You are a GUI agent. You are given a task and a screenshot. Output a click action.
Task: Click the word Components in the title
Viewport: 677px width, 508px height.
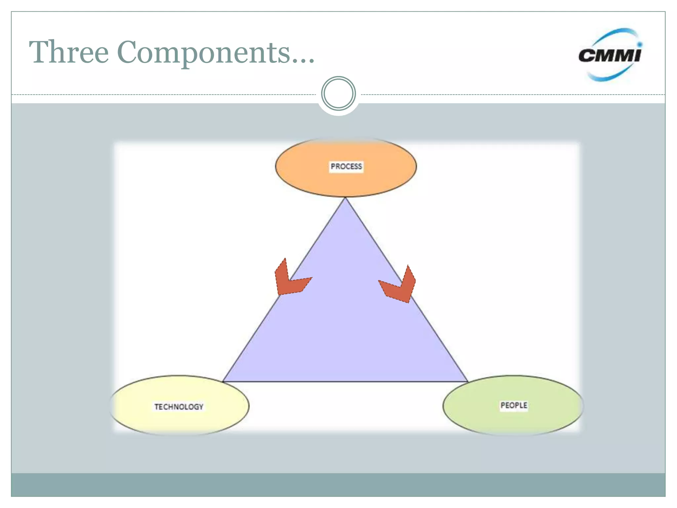[x=203, y=53]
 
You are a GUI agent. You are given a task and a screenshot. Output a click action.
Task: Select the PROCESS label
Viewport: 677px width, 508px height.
[x=346, y=166]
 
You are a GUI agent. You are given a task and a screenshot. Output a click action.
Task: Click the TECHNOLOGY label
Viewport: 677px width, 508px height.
[x=179, y=406]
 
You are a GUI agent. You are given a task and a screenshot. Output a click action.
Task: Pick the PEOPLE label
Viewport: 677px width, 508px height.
[x=514, y=405]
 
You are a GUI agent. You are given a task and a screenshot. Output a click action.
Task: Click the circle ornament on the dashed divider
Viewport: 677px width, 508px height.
[x=338, y=94]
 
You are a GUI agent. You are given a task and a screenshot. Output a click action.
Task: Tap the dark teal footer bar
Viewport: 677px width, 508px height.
[x=338, y=485]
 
